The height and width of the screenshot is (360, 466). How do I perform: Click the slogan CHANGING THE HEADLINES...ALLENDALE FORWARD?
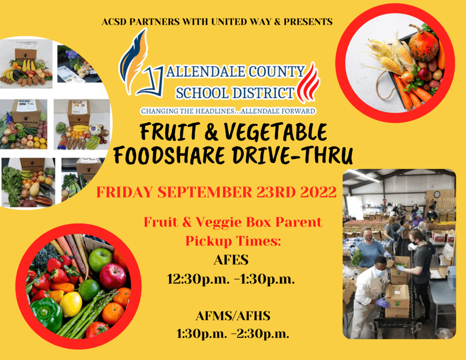coord(228,111)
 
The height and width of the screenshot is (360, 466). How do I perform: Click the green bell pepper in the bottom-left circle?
coord(47,312)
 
